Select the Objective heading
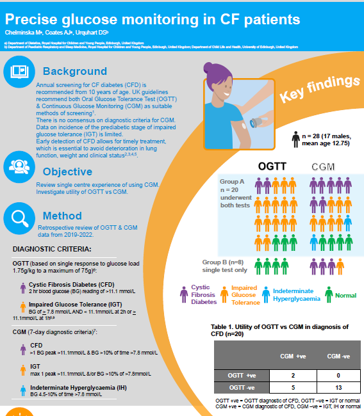67,171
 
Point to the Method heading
62,216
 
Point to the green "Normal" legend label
345,295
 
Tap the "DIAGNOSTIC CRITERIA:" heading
53,248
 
